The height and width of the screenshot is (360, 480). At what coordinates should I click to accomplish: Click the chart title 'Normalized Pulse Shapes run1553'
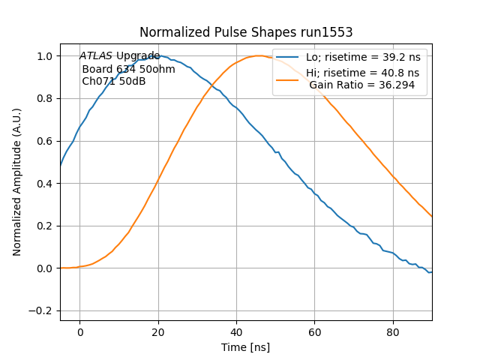coord(246,33)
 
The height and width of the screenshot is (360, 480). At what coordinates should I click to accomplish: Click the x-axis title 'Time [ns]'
coord(245,347)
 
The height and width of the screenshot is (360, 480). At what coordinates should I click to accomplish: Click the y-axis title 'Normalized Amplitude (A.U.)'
coord(17,182)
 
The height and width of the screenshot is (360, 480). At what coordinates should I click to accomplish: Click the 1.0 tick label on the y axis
coord(45,56)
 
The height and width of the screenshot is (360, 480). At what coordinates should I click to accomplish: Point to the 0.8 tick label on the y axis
coord(45,98)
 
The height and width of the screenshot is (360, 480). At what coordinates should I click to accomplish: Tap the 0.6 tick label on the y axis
coord(45,141)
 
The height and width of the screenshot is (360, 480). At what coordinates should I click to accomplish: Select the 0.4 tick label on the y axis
coord(45,183)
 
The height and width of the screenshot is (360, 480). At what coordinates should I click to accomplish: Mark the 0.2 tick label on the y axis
coord(45,226)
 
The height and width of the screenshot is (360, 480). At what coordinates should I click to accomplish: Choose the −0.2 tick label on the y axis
coord(41,310)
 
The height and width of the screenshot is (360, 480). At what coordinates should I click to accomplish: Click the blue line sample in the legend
coord(288,58)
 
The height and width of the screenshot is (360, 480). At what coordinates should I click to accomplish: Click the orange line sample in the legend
coord(288,73)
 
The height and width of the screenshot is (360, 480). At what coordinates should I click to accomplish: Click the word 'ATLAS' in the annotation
coord(96,56)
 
